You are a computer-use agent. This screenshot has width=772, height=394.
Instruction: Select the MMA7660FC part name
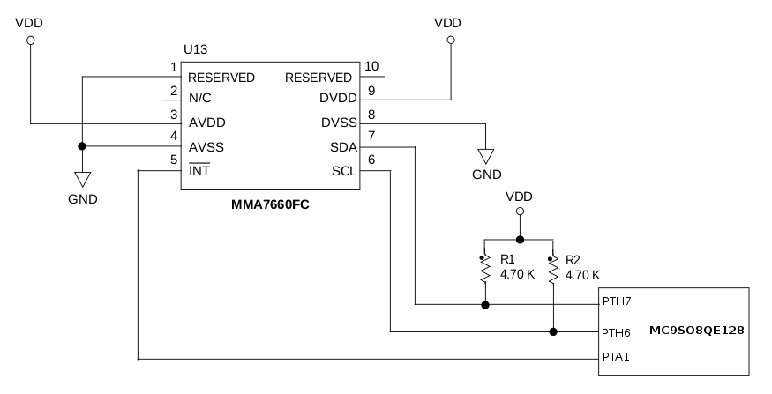click(x=270, y=204)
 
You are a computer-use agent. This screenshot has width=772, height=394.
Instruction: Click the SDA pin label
click(x=342, y=146)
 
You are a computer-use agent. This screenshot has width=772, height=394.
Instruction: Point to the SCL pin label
click(x=343, y=170)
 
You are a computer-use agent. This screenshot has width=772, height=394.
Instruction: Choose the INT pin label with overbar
click(x=199, y=170)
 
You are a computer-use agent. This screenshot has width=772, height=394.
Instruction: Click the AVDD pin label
click(x=206, y=123)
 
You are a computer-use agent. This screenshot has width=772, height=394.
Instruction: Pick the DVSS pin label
click(x=339, y=123)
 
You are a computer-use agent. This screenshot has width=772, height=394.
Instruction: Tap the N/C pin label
click(x=199, y=100)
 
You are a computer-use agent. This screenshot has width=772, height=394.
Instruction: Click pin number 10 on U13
click(x=371, y=66)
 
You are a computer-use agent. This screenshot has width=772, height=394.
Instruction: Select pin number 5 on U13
click(x=174, y=160)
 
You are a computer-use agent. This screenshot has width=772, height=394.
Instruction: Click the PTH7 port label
click(x=617, y=301)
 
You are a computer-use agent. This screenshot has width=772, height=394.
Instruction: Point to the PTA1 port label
click(x=617, y=357)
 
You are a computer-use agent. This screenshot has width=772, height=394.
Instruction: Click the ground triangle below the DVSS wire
click(x=484, y=156)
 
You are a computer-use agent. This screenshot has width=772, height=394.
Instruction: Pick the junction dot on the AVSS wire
click(x=82, y=146)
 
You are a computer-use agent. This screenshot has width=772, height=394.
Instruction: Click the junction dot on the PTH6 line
click(x=553, y=332)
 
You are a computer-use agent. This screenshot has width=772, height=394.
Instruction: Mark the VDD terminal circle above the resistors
click(x=519, y=212)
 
